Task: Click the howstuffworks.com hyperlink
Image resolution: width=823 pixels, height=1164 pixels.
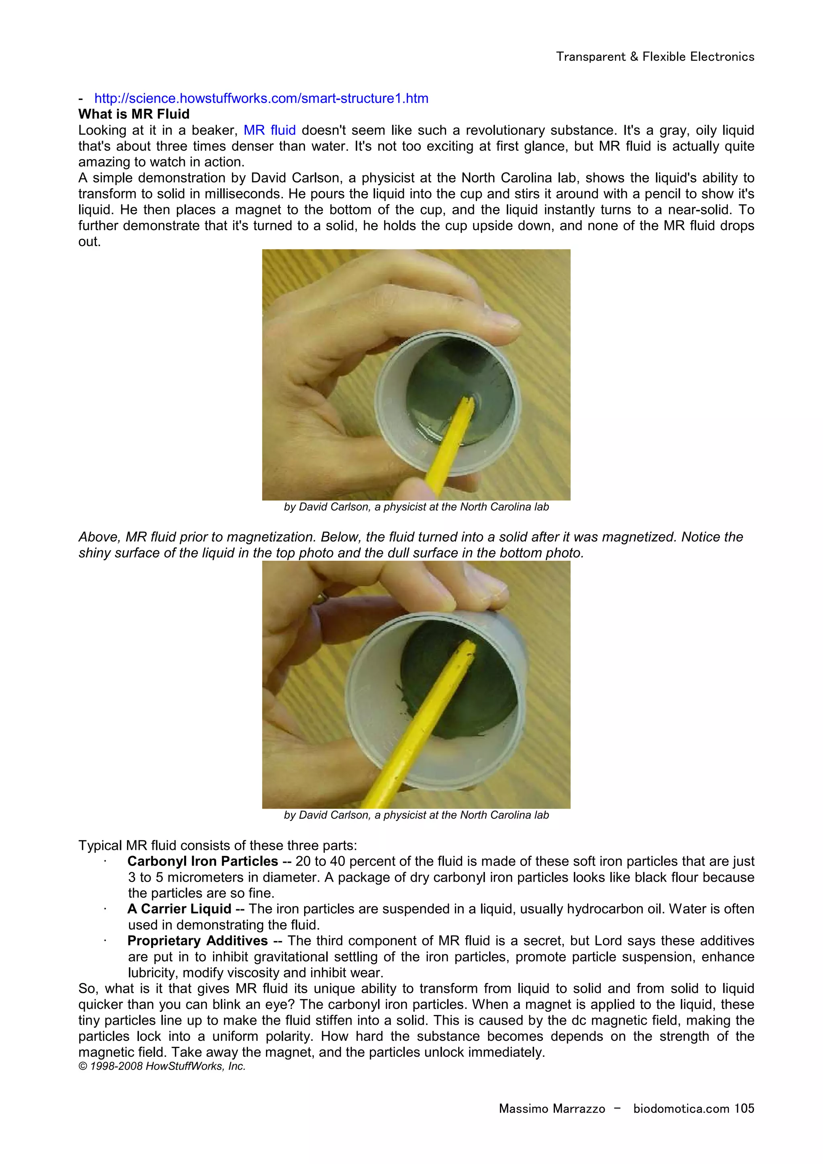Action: pyautogui.click(x=261, y=98)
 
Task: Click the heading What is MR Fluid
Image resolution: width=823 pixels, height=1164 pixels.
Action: pyautogui.click(x=134, y=114)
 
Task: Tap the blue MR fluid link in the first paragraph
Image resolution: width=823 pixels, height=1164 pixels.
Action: pyautogui.click(x=269, y=130)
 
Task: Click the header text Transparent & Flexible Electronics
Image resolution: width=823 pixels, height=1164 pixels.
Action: pyautogui.click(x=655, y=57)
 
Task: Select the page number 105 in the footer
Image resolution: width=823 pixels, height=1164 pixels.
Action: pyautogui.click(x=744, y=1109)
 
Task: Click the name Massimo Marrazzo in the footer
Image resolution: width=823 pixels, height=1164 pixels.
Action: pyautogui.click(x=552, y=1109)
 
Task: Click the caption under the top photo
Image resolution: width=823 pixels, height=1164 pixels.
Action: pyautogui.click(x=416, y=507)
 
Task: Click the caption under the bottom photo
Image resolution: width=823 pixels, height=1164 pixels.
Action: pyautogui.click(x=416, y=815)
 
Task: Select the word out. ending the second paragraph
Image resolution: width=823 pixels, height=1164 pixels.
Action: pyautogui.click(x=89, y=242)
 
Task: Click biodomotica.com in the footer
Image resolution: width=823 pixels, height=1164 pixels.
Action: pyautogui.click(x=681, y=1109)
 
